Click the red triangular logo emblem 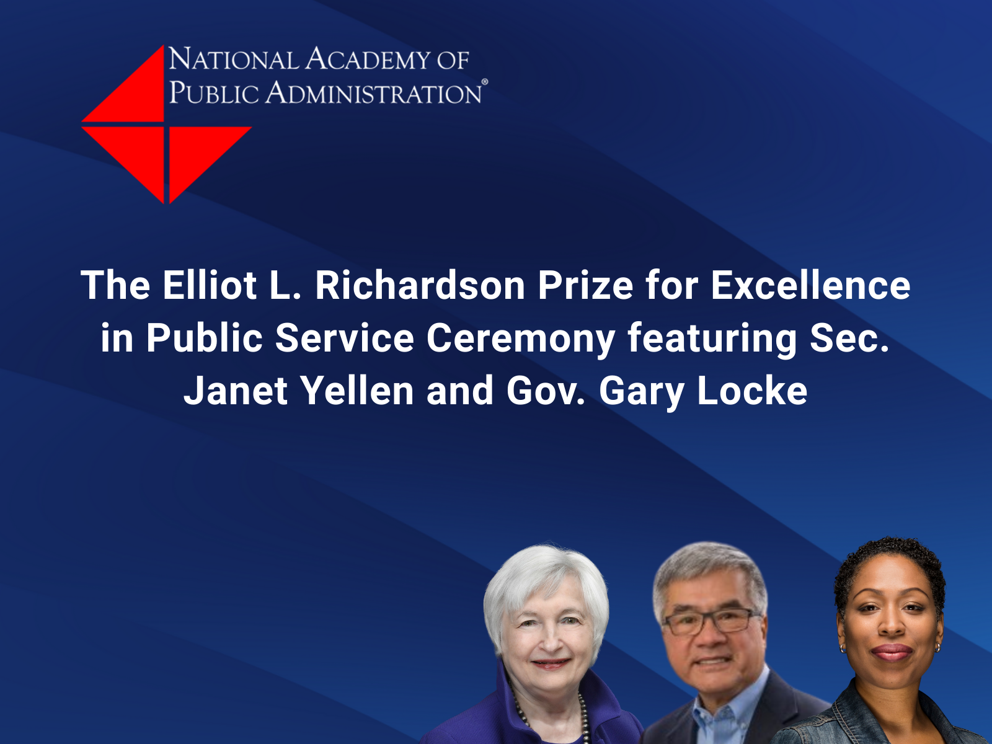pyautogui.click(x=166, y=125)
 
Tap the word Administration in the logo pyautogui.click(x=373, y=92)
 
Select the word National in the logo pyautogui.click(x=234, y=59)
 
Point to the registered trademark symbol pyautogui.click(x=484, y=82)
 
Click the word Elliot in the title pyautogui.click(x=210, y=285)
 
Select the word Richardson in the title pyautogui.click(x=420, y=285)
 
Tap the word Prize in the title pyautogui.click(x=585, y=285)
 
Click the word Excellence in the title pyautogui.click(x=811, y=285)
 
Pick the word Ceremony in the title pyautogui.click(x=521, y=339)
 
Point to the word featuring pyautogui.click(x=712, y=339)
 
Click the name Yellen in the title pyautogui.click(x=357, y=391)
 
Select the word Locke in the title pyautogui.click(x=752, y=391)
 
